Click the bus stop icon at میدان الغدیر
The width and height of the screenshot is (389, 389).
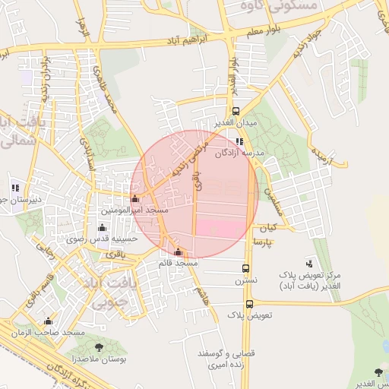point(236,111)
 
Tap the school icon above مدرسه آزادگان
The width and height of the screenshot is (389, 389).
point(239,141)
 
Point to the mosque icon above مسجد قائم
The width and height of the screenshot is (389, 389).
point(179,252)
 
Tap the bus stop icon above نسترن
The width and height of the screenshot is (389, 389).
point(245,268)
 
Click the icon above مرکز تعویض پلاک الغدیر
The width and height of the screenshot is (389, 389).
point(308,262)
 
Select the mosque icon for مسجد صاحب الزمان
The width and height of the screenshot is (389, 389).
point(49,321)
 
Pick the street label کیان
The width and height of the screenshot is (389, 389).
point(267,227)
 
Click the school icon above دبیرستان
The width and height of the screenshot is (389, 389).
point(14,187)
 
